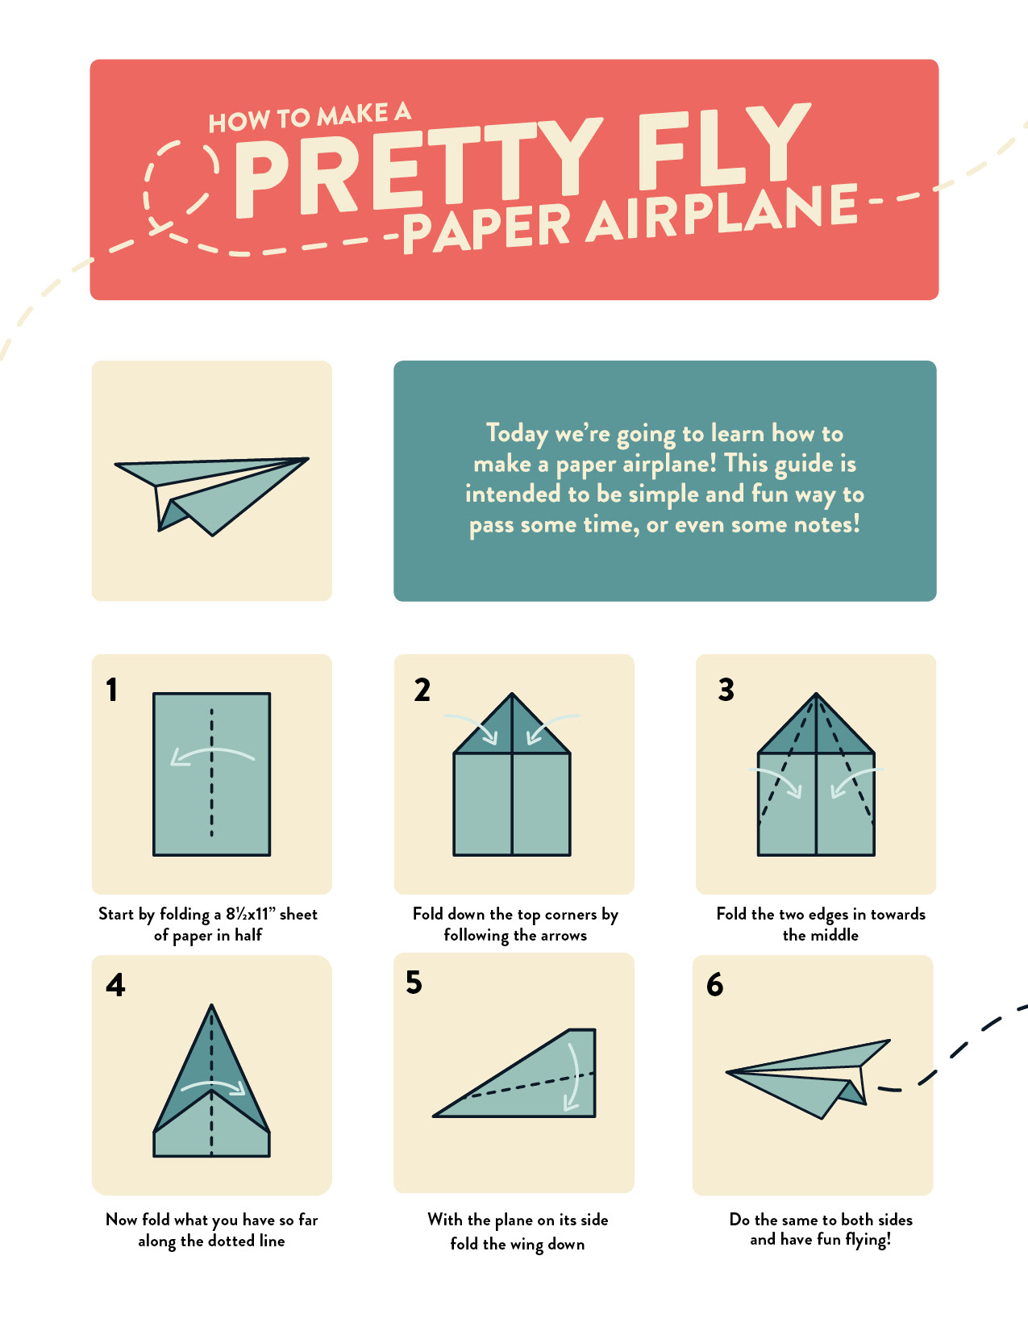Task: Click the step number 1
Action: tap(111, 690)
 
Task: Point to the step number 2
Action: tap(422, 690)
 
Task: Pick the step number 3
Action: tap(726, 690)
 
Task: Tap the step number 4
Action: tap(115, 985)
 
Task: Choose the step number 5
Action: tap(414, 982)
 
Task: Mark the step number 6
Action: tap(714, 985)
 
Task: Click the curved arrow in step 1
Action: tap(212, 749)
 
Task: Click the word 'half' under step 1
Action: tap(248, 935)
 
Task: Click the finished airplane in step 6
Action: tap(808, 1079)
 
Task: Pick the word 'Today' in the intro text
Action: tap(517, 434)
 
